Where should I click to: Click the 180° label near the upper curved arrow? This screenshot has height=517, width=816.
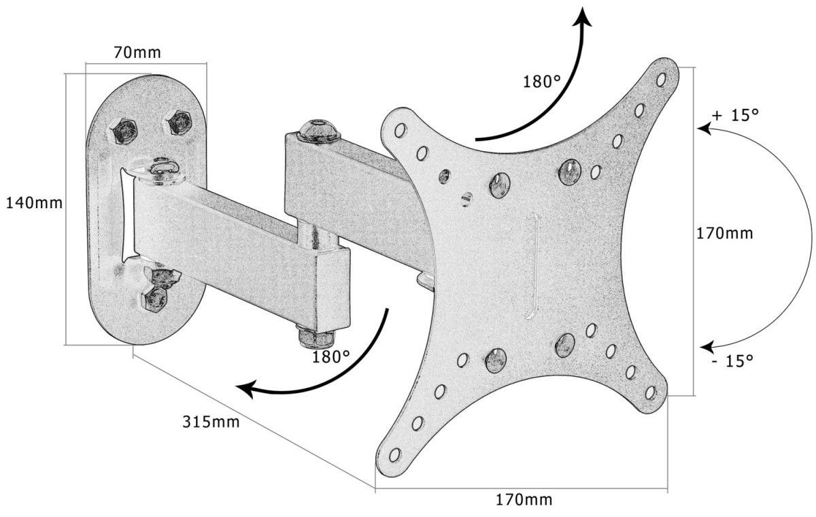pos(542,82)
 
